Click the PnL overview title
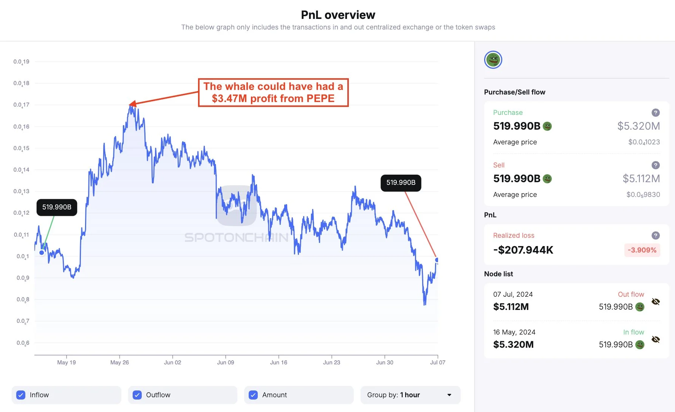point(338,15)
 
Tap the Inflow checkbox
point(21,395)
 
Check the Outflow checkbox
point(137,395)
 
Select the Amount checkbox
point(253,395)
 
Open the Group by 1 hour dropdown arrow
point(449,395)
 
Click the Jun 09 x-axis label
point(225,362)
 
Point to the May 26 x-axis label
point(119,362)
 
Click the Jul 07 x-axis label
point(437,362)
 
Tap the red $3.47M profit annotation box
point(273,93)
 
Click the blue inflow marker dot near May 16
point(42,252)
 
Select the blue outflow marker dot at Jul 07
point(437,260)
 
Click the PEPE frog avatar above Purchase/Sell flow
point(493,60)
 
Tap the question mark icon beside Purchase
point(656,113)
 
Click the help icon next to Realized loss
point(656,235)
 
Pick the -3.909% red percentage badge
point(642,250)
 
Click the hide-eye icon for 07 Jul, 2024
point(656,302)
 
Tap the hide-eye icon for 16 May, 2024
point(656,339)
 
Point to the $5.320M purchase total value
point(638,126)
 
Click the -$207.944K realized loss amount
point(523,250)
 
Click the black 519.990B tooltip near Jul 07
point(401,183)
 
